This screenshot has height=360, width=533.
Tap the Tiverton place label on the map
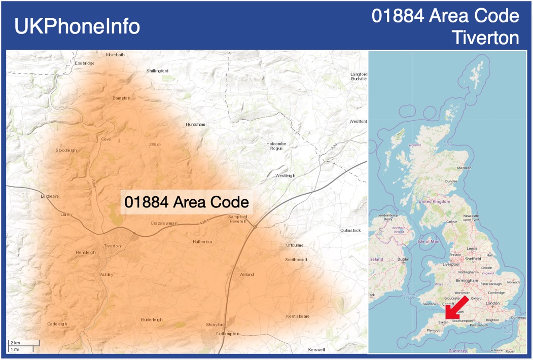(113, 246)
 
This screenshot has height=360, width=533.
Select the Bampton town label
(121, 98)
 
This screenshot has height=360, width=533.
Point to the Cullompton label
(227, 334)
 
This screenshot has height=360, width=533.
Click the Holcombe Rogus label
(276, 146)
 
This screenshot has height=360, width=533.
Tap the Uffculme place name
(295, 245)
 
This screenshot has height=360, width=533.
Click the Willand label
(246, 274)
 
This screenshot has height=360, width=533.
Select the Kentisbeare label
(298, 316)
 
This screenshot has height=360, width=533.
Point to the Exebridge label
(85, 63)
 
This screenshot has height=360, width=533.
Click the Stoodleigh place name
(66, 151)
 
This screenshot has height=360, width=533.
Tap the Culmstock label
(350, 231)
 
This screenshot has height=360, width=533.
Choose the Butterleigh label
(152, 319)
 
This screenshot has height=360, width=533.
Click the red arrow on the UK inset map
(455, 308)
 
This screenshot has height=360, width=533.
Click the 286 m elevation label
(155, 145)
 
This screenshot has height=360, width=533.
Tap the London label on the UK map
(492, 304)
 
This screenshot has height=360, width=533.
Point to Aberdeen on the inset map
(464, 167)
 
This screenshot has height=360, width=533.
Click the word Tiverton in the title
(486, 38)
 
